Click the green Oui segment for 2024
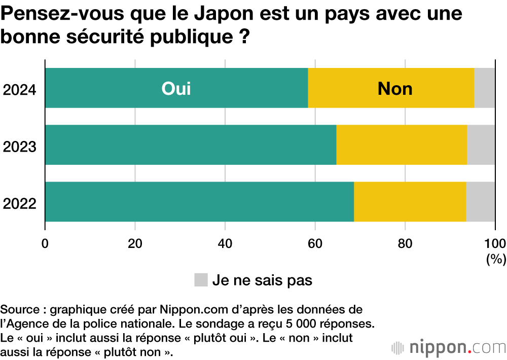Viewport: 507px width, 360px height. click(x=176, y=88)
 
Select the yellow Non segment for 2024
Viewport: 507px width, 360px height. click(x=391, y=88)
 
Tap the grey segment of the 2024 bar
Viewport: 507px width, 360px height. click(x=485, y=88)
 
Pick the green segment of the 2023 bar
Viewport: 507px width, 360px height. click(x=191, y=145)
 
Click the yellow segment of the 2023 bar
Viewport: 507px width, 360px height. click(x=402, y=145)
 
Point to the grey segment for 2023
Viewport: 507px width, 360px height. click(x=481, y=145)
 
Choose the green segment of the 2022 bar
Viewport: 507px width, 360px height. click(x=199, y=201)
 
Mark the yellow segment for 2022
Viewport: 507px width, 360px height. click(x=410, y=201)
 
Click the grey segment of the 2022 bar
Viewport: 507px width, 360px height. click(x=481, y=201)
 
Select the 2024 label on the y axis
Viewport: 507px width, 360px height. click(x=19, y=91)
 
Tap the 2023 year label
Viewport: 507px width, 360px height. click(x=19, y=148)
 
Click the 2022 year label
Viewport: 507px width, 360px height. click(x=19, y=204)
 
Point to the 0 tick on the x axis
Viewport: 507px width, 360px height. click(x=45, y=242)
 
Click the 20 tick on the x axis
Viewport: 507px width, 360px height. click(x=135, y=242)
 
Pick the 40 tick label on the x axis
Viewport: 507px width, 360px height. click(x=225, y=242)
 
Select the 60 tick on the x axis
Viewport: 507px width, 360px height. click(x=315, y=242)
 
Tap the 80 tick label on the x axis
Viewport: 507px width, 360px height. click(x=405, y=242)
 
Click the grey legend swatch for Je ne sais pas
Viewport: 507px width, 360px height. click(x=201, y=280)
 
